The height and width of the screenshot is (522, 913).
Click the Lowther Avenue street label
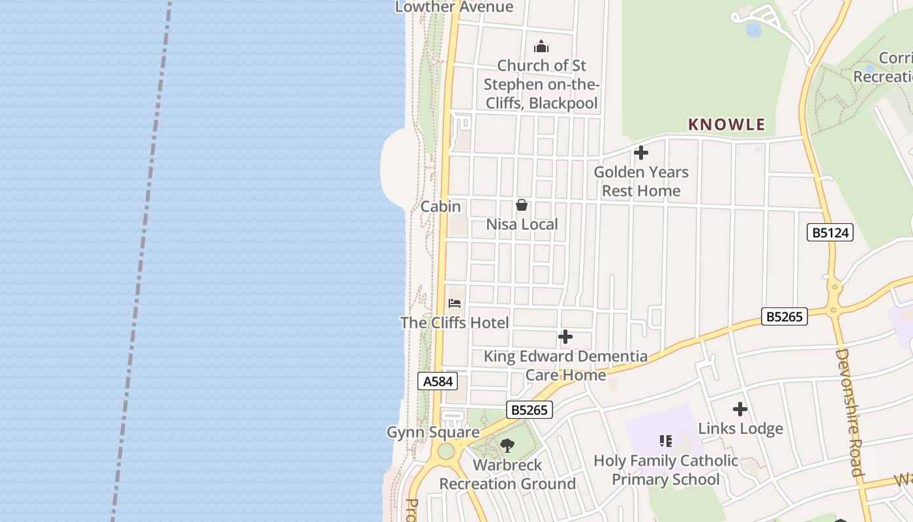click(x=455, y=7)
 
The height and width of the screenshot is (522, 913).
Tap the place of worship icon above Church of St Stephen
click(x=541, y=46)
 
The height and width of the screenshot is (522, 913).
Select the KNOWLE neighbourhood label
click(x=726, y=124)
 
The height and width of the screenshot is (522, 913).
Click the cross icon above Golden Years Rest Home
click(x=641, y=153)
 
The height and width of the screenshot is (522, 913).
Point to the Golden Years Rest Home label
click(x=641, y=181)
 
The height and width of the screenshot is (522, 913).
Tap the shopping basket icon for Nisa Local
click(x=522, y=205)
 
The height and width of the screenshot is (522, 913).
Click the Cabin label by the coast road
click(x=441, y=207)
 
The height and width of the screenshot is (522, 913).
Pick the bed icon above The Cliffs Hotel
click(x=455, y=303)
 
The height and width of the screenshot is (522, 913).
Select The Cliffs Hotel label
click(x=455, y=322)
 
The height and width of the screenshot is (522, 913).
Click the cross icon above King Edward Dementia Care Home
click(x=565, y=337)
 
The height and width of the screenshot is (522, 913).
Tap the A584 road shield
click(x=438, y=381)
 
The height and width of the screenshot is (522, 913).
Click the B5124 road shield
click(x=830, y=232)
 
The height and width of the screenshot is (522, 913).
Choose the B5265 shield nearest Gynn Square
click(x=530, y=410)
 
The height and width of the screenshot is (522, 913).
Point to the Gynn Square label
click(x=433, y=433)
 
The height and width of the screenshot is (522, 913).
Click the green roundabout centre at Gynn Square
click(x=446, y=451)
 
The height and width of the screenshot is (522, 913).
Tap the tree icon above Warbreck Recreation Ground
click(x=507, y=446)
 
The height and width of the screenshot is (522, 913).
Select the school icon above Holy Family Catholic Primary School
click(x=665, y=441)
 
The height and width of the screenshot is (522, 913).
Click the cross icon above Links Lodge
click(x=740, y=409)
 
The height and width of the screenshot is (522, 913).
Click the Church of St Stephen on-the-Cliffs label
click(x=541, y=84)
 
